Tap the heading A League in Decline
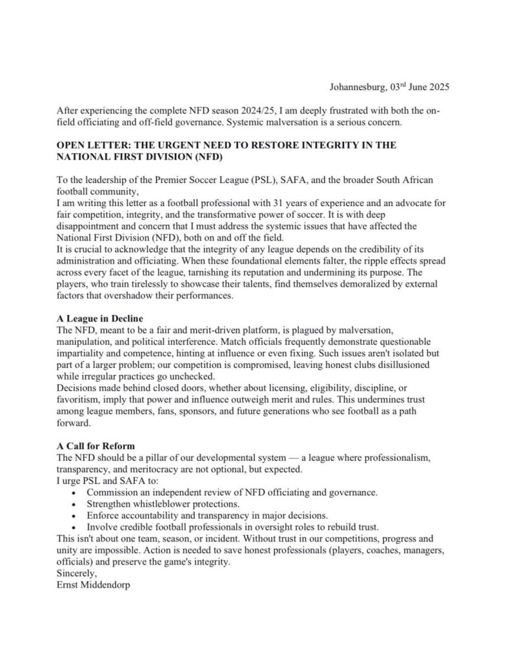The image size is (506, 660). pos(100,318)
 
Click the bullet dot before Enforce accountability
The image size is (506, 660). pos(76,516)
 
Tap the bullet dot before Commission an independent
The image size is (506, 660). pos(76,492)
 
